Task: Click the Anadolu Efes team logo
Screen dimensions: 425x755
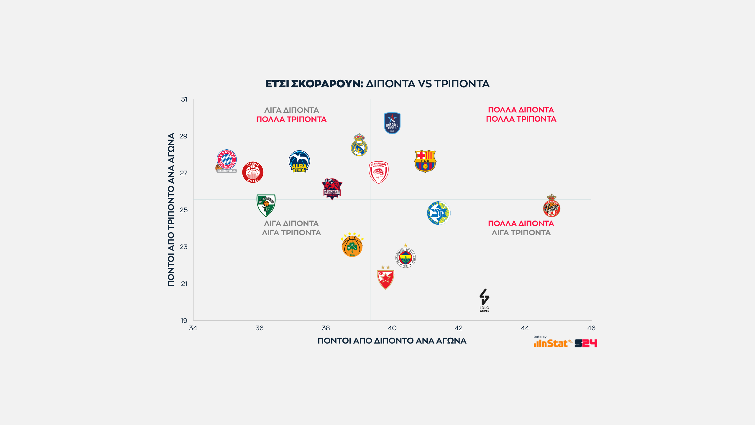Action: click(x=392, y=123)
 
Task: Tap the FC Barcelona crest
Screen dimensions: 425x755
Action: click(x=425, y=161)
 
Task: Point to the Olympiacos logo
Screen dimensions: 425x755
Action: click(x=379, y=172)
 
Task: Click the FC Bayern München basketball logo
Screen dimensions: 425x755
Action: click(x=226, y=161)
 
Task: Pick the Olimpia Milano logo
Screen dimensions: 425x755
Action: click(x=253, y=172)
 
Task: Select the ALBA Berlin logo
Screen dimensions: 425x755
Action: click(x=299, y=161)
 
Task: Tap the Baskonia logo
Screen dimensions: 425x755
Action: click(x=332, y=189)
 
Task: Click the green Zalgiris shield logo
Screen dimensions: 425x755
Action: click(x=266, y=205)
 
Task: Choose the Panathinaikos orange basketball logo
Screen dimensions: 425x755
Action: click(x=352, y=245)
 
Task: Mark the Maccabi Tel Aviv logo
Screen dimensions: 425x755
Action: click(x=439, y=213)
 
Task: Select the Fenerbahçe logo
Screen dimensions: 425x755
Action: click(x=406, y=257)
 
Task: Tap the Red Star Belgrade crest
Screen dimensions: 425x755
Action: click(x=385, y=278)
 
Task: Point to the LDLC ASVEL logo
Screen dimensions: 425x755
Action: click(x=484, y=300)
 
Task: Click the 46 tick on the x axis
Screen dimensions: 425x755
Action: click(x=591, y=328)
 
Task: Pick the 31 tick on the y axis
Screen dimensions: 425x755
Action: click(x=184, y=99)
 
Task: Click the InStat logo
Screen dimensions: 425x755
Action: click(x=551, y=343)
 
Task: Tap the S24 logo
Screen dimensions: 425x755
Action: click(x=586, y=343)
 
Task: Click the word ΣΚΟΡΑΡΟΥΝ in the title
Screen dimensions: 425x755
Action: click(x=327, y=84)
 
